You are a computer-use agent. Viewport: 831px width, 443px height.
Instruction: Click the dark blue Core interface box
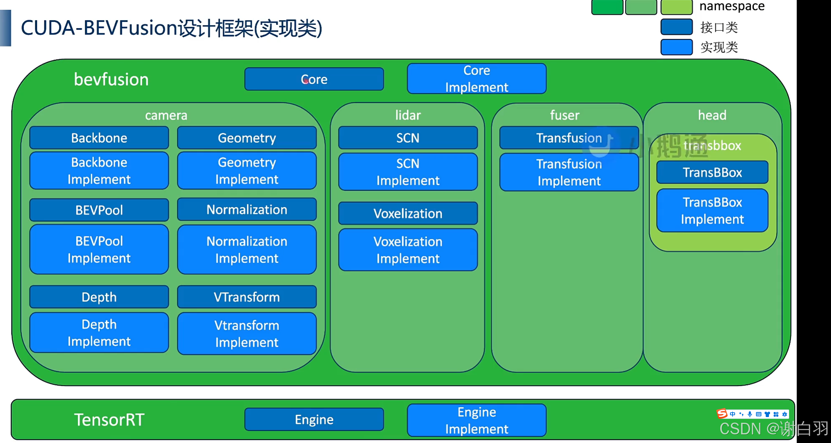[314, 79]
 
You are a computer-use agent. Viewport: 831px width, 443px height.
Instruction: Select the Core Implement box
[476, 79]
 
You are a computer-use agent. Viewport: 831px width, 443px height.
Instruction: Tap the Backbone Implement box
[99, 170]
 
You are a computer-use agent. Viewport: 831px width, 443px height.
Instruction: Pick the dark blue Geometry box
[247, 138]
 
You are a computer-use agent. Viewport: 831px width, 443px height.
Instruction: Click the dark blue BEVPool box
[99, 210]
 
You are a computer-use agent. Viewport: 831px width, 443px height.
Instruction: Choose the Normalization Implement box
[247, 249]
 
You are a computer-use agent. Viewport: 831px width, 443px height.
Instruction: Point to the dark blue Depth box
[99, 297]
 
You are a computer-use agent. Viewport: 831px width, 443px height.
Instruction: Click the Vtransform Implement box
[247, 333]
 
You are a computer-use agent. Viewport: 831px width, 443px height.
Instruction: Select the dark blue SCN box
[408, 138]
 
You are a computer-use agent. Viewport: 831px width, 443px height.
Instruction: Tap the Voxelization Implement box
[408, 250]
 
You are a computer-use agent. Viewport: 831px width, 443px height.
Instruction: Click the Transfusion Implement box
[569, 172]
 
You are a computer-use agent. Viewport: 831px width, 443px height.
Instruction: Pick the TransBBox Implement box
[712, 211]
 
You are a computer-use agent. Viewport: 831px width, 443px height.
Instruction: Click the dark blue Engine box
[314, 419]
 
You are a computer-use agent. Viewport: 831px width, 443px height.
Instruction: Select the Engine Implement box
[476, 420]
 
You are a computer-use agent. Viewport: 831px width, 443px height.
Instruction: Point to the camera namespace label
[166, 115]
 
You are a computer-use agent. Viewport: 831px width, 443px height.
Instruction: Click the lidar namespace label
[408, 115]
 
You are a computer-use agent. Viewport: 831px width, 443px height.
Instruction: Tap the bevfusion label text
[111, 79]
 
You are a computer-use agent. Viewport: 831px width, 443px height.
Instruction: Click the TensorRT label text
[109, 420]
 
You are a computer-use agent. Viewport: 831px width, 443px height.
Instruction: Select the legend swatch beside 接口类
[676, 27]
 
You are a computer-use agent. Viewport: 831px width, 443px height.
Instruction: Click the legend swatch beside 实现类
[676, 47]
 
